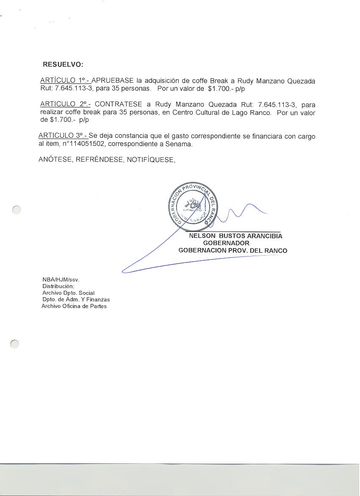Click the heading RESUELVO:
pos(63,65)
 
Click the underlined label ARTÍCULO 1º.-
pos(65,81)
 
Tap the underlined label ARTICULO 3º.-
pos(63,136)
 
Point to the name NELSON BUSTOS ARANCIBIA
pos(235,236)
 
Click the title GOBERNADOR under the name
pos(226,243)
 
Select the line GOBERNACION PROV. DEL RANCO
pos(233,251)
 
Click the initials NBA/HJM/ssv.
pos(61,280)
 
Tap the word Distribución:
pos(58,286)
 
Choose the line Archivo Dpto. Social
pos(68,293)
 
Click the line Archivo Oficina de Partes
pos(74,306)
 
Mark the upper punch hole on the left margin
pos(16,210)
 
